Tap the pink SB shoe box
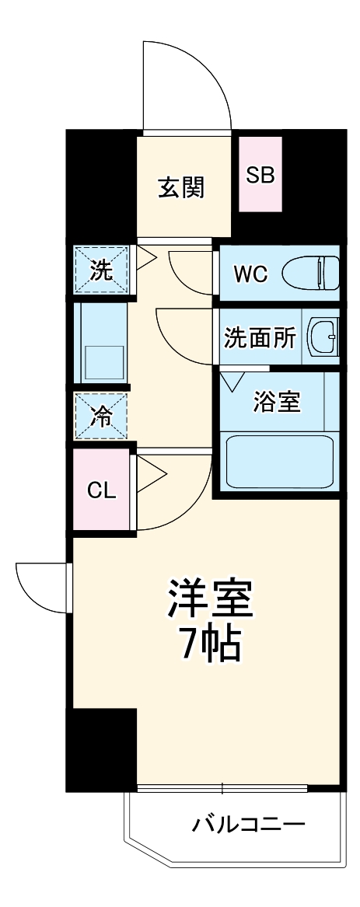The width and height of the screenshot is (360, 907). pos(260,175)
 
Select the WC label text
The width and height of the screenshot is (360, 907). pos(250,274)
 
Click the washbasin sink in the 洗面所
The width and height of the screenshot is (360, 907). pos(323,338)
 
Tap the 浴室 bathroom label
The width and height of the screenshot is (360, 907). pos(276,403)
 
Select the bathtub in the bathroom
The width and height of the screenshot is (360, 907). pos(278,463)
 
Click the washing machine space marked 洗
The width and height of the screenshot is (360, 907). pos(101,270)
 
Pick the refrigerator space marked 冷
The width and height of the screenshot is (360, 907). pos(101,417)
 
